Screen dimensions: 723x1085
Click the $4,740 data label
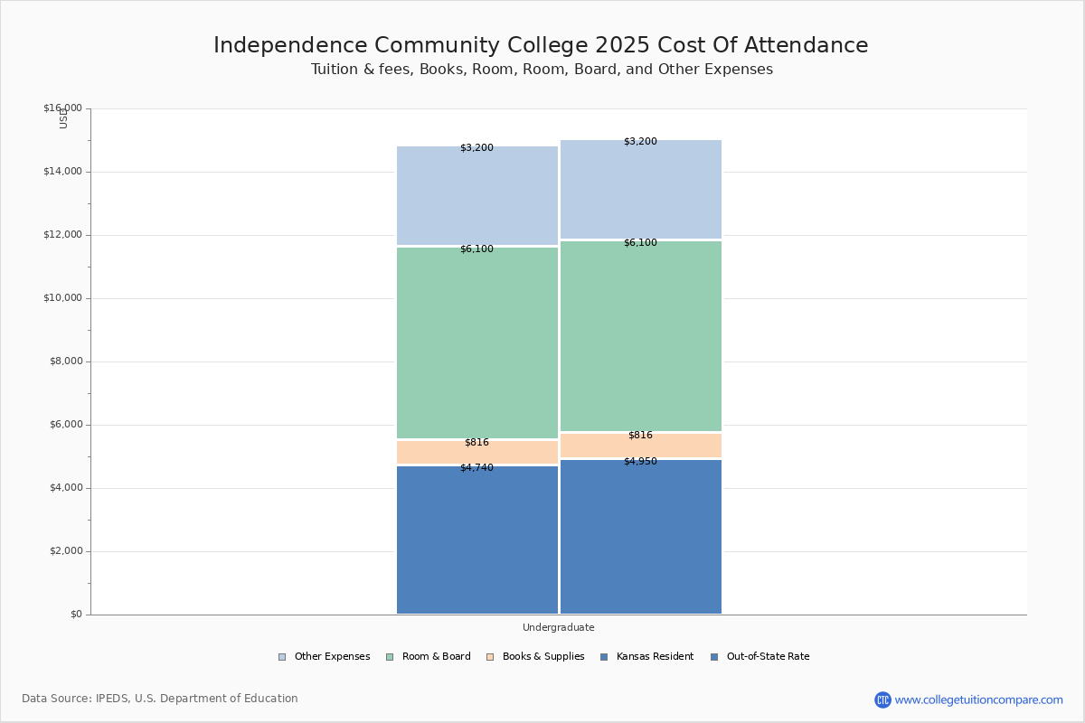(476, 467)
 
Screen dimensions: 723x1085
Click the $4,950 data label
(640, 462)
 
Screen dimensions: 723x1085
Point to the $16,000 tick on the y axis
(62, 108)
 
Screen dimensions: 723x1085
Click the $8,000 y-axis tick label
(65, 361)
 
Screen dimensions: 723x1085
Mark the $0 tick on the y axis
(76, 615)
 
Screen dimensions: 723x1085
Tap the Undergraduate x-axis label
(558, 627)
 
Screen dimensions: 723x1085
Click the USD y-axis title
(63, 118)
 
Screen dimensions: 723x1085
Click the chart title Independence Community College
(541, 46)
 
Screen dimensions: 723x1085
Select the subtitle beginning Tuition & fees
(542, 70)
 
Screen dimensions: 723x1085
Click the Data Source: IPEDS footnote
(160, 699)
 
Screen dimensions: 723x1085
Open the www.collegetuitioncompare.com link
(978, 700)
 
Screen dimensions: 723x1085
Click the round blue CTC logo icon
(882, 700)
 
